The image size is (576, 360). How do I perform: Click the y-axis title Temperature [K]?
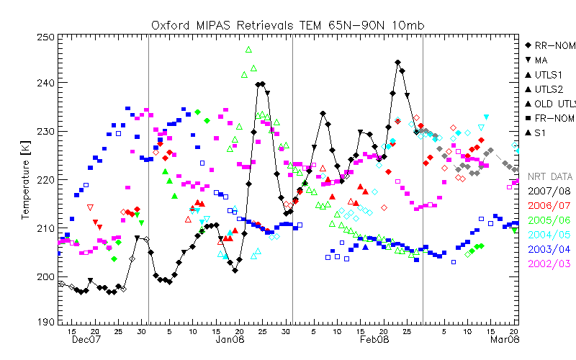pos(26,179)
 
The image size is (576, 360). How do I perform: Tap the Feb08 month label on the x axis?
pos(374,339)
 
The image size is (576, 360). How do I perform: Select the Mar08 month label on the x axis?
pos(503,339)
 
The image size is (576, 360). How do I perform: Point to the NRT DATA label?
pos(550,176)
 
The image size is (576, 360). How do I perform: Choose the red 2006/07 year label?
pos(550,205)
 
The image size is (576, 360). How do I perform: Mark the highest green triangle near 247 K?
pos(248,50)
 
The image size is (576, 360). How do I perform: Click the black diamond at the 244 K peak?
pos(397,63)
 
